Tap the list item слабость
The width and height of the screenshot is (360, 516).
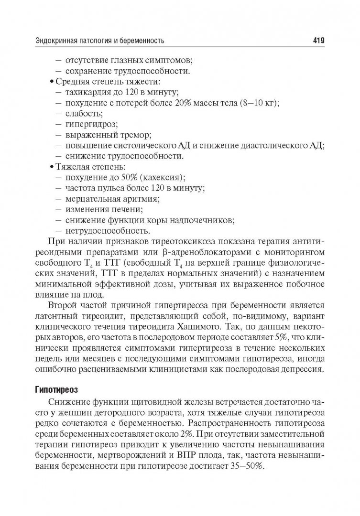84,113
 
